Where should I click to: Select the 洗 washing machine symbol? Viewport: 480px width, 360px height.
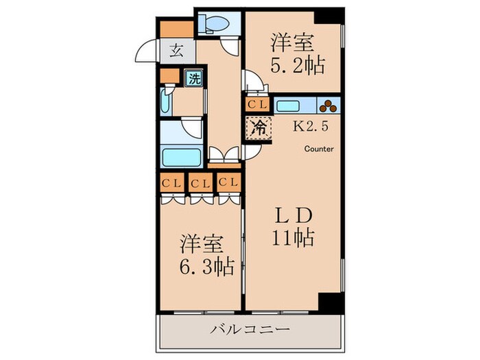click(x=195, y=78)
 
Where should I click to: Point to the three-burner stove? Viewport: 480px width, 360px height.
click(x=328, y=106)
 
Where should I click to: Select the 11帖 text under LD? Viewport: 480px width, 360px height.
click(x=291, y=239)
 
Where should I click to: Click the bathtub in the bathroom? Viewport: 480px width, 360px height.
click(x=181, y=157)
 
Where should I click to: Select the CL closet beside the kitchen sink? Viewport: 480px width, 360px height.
click(x=258, y=105)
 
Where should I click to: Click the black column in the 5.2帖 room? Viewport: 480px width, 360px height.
click(x=332, y=15)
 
